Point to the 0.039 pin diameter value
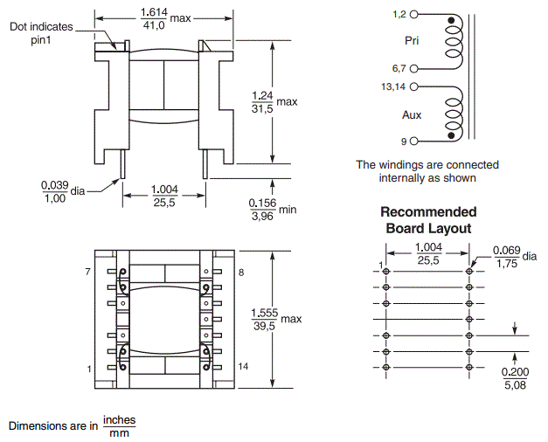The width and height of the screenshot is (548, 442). click(54, 184)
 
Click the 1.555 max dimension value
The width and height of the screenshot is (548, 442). click(264, 313)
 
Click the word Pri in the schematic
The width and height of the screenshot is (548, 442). click(413, 41)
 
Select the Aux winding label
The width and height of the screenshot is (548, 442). click(412, 114)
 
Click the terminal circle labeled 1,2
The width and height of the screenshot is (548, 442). click(414, 16)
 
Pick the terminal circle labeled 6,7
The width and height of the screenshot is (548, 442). click(414, 67)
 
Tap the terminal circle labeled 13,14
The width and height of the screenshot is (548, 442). click(414, 87)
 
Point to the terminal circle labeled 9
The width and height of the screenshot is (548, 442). click(414, 141)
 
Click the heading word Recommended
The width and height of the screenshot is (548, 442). click(428, 212)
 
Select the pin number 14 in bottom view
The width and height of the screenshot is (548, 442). click(243, 367)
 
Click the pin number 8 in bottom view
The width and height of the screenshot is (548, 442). click(240, 273)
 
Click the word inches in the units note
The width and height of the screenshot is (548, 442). click(120, 419)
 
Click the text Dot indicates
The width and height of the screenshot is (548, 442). click(40, 26)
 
